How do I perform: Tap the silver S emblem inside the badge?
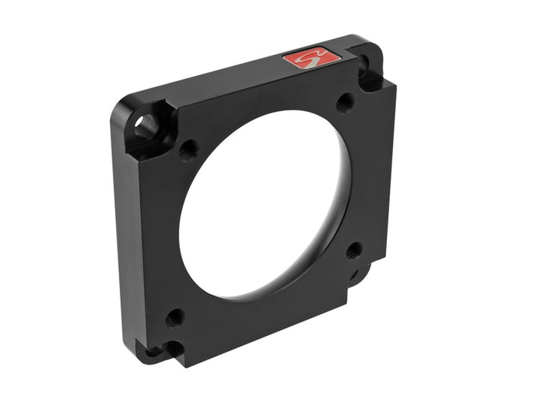tap(309, 59)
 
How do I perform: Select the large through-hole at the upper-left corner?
tap(146, 125)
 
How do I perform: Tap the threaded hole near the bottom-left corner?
tap(175, 317)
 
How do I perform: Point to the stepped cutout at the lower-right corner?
tap(363, 274)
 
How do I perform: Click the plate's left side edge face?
tap(125, 241)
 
